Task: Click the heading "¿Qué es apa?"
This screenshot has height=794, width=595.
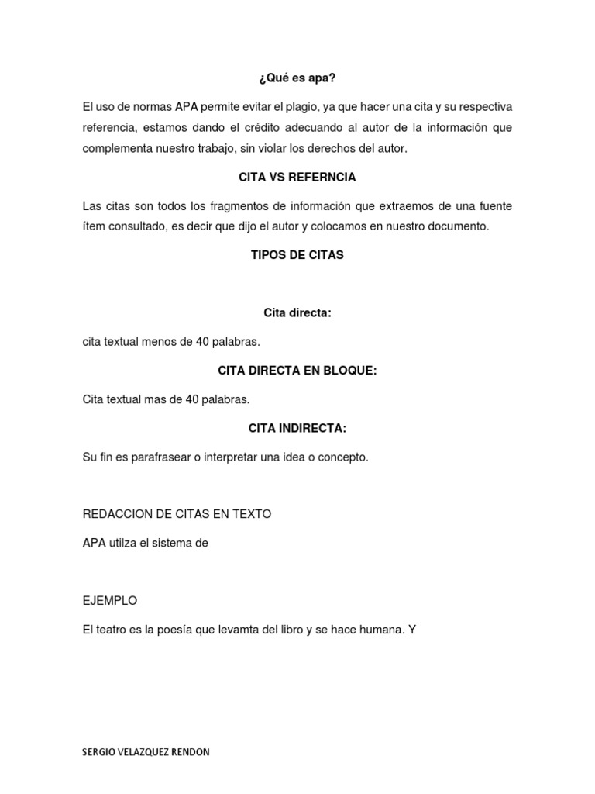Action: (297, 78)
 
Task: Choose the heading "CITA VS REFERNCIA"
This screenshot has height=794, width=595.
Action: (297, 178)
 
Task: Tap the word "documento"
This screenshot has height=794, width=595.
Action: (457, 226)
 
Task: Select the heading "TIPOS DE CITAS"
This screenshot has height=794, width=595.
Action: (297, 255)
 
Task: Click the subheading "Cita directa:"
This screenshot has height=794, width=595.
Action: (297, 312)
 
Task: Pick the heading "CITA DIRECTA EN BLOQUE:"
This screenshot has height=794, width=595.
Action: (297, 371)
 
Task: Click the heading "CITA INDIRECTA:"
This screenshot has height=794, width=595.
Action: (297, 428)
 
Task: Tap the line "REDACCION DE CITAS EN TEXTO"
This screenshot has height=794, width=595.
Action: (177, 514)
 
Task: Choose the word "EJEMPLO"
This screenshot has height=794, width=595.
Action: (110, 600)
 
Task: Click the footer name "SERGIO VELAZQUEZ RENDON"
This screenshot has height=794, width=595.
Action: (145, 752)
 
